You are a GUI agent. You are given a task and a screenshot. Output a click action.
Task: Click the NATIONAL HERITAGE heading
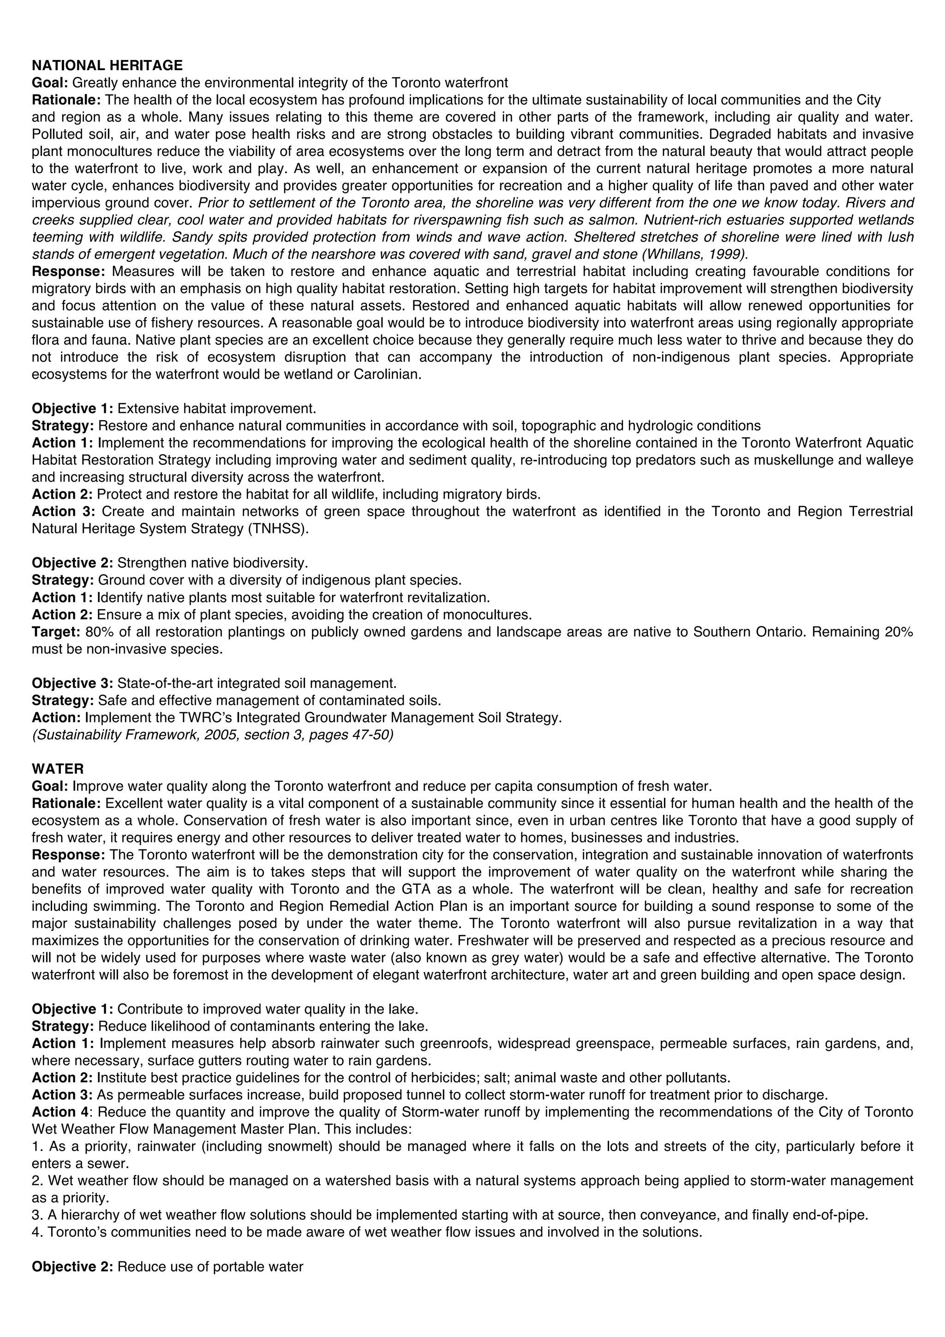coord(107,65)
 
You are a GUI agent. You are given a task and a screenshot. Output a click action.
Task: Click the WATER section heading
coord(58,769)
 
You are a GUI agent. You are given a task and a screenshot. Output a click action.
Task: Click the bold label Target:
coord(56,632)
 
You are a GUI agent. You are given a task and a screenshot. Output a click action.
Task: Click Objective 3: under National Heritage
coord(72,683)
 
